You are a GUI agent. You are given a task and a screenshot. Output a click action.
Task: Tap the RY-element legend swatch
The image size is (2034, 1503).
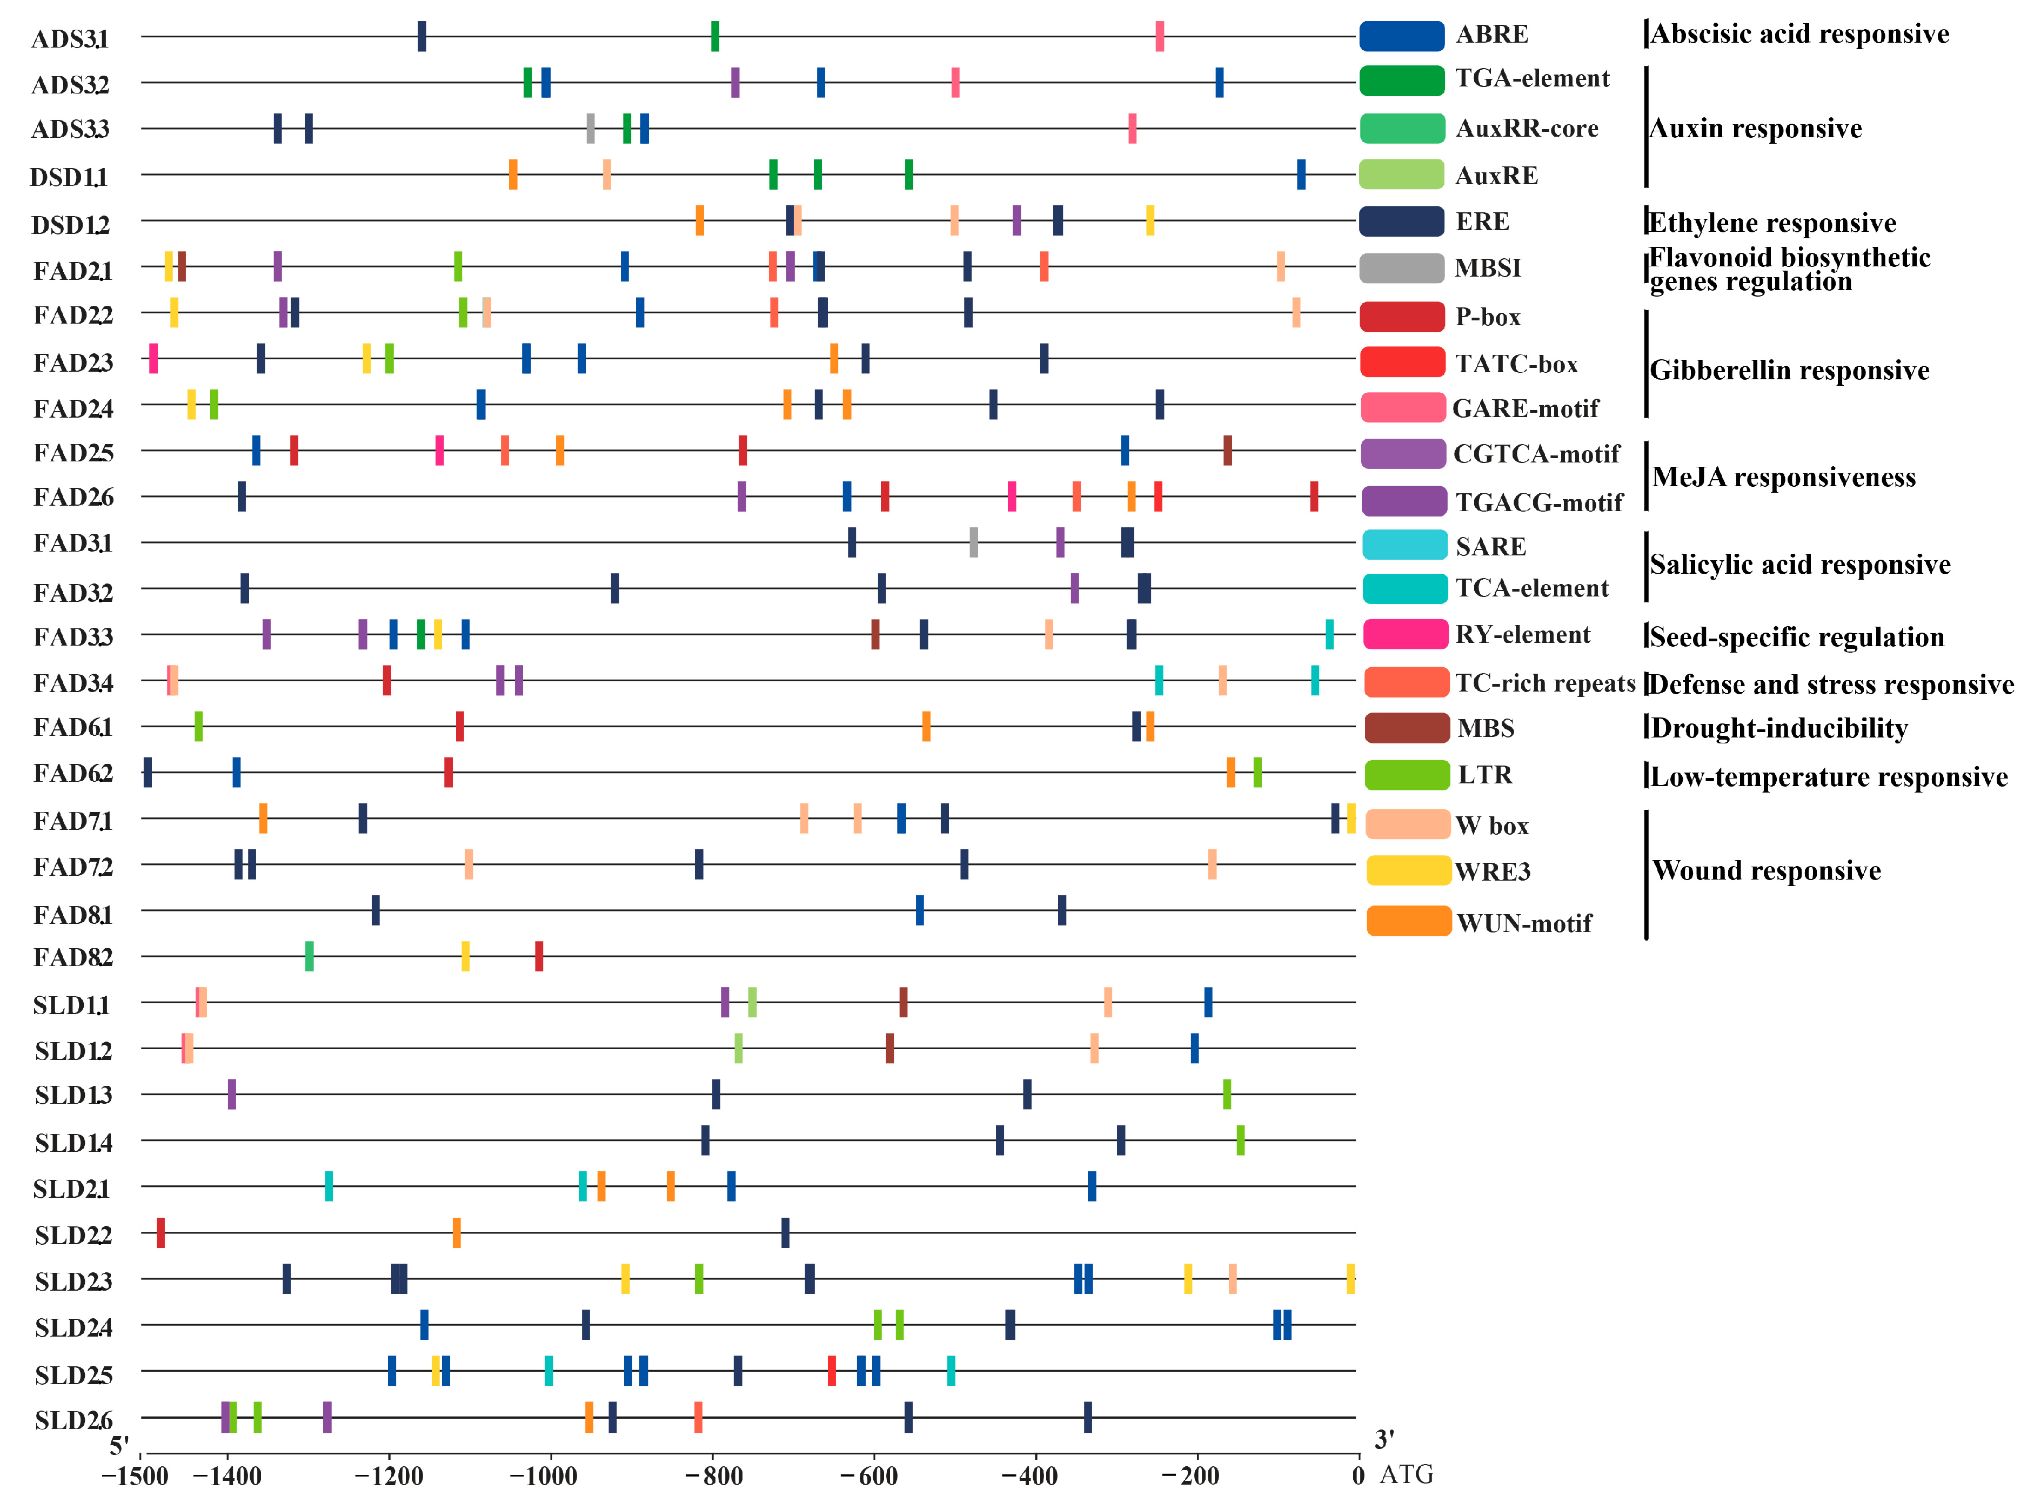pos(1404,634)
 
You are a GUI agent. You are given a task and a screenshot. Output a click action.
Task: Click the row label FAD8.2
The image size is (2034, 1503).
pos(73,958)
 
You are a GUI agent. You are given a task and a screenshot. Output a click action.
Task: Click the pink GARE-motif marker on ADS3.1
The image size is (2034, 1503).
pos(1160,36)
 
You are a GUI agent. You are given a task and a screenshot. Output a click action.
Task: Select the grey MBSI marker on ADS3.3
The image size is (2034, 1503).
pos(591,128)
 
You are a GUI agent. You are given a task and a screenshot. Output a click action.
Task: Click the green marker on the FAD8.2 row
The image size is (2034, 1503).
pos(310,956)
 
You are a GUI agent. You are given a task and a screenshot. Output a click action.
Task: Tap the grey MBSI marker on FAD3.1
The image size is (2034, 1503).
pos(974,542)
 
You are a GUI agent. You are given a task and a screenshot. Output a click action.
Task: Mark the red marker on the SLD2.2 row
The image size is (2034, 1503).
pos(161,1233)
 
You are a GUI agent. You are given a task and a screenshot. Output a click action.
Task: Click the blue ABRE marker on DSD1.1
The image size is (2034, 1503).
pos(1301,175)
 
